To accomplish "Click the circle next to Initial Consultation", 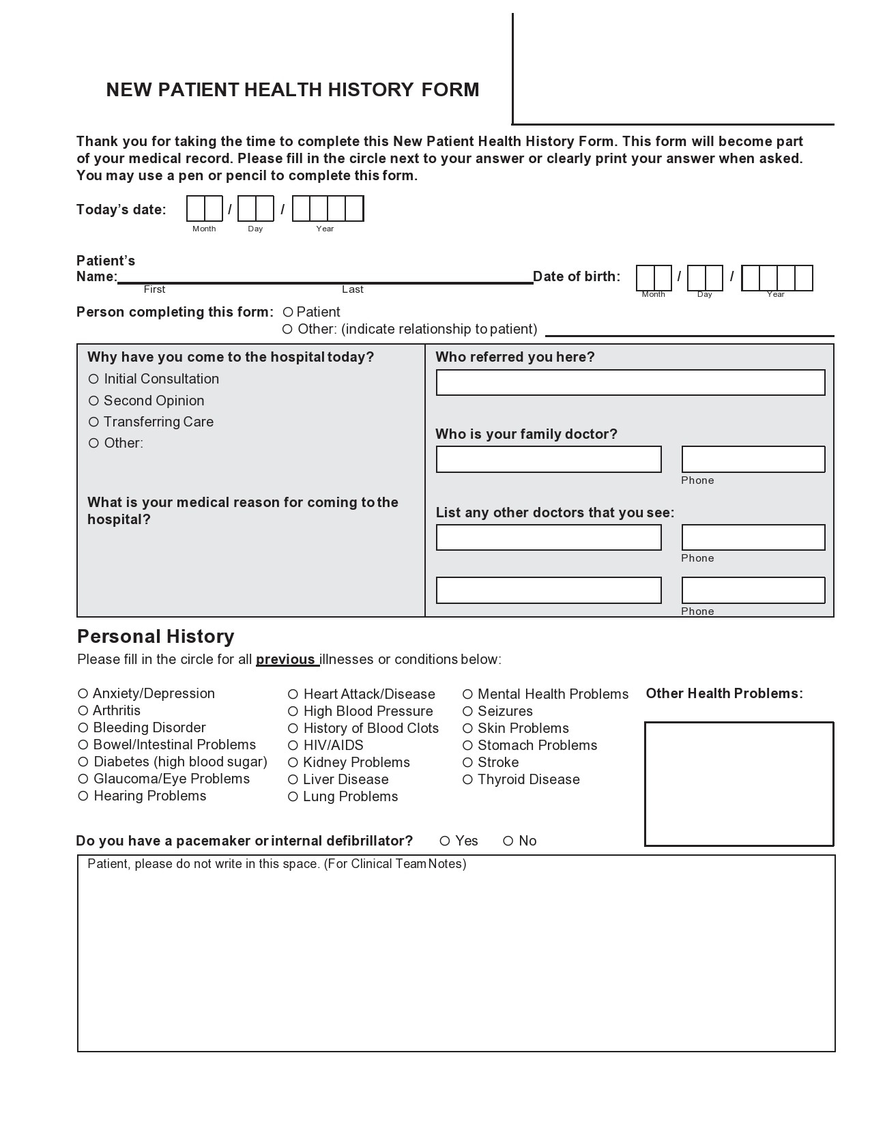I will pyautogui.click(x=93, y=379).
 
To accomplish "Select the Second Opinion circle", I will pyautogui.click(x=93, y=401).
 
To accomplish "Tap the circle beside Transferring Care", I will pyautogui.click(x=93, y=422).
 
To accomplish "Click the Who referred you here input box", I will pyautogui.click(x=630, y=383).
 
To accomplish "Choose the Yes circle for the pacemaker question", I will pyautogui.click(x=445, y=841).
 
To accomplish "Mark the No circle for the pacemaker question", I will pyautogui.click(x=508, y=841).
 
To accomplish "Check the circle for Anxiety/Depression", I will pyautogui.click(x=83, y=693).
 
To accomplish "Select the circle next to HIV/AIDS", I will pyautogui.click(x=293, y=745).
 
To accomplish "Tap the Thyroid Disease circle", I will pyautogui.click(x=467, y=779).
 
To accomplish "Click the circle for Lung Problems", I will pyautogui.click(x=293, y=796).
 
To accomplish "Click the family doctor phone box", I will pyautogui.click(x=753, y=459).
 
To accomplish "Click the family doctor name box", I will pyautogui.click(x=549, y=459).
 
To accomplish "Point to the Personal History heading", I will pyautogui.click(x=156, y=636).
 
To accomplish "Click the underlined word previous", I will pyautogui.click(x=285, y=660).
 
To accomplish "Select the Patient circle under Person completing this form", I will pyautogui.click(x=288, y=312).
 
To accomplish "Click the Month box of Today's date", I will pyautogui.click(x=205, y=209).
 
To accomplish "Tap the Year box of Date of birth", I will pyautogui.click(x=777, y=278).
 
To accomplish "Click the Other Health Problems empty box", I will pyautogui.click(x=739, y=783).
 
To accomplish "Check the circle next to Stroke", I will pyautogui.click(x=467, y=762).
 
